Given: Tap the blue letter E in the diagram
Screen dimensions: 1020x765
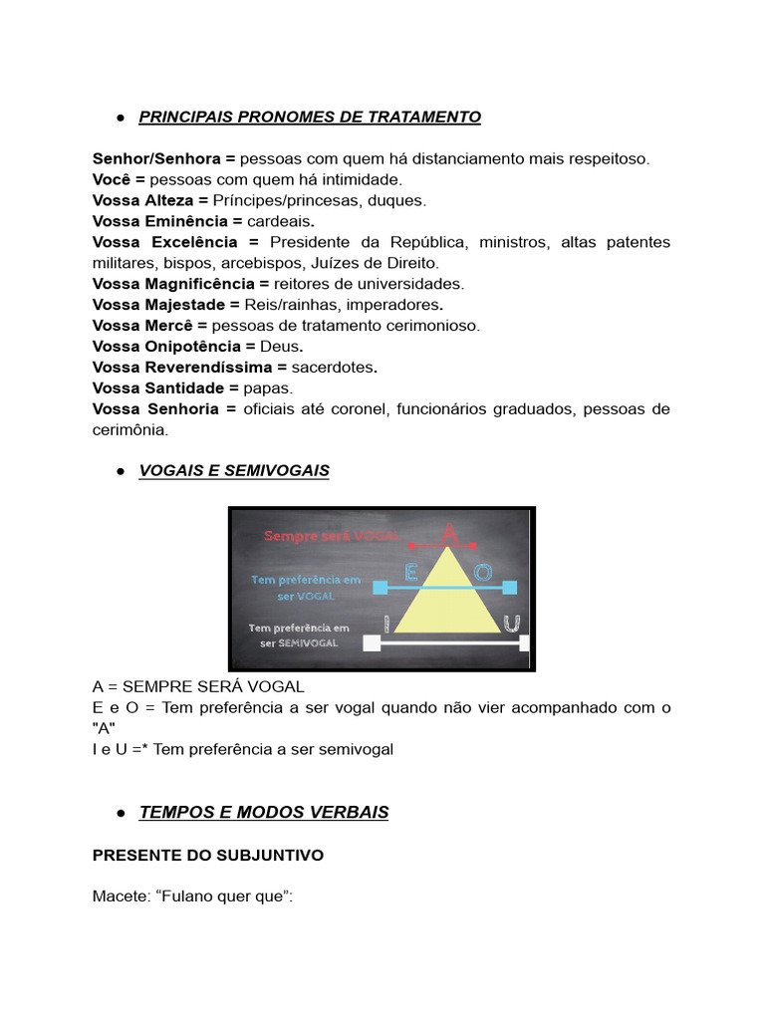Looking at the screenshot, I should pyautogui.click(x=410, y=573).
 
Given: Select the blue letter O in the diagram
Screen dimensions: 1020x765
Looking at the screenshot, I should pyautogui.click(x=483, y=573).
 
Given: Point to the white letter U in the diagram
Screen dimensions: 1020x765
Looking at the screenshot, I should pyautogui.click(x=512, y=624).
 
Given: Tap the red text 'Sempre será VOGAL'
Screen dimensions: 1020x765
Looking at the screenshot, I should pyautogui.click(x=332, y=536).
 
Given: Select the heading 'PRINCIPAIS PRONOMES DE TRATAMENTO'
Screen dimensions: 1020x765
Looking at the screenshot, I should pyautogui.click(x=310, y=118).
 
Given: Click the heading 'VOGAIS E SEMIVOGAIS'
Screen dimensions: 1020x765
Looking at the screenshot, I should pyautogui.click(x=234, y=470).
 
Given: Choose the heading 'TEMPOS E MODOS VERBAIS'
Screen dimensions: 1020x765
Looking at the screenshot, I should pyautogui.click(x=264, y=813).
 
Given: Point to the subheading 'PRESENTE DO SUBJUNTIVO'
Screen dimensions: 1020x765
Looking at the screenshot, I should pyautogui.click(x=208, y=856).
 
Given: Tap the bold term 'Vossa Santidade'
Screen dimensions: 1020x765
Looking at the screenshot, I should pyautogui.click(x=156, y=387).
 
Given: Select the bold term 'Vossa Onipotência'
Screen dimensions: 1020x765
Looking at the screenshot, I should pyautogui.click(x=166, y=346).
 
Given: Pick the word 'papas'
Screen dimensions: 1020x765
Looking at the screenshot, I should pyautogui.click(x=268, y=387).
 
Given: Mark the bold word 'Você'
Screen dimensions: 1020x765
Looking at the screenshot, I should pyautogui.click(x=113, y=179).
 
